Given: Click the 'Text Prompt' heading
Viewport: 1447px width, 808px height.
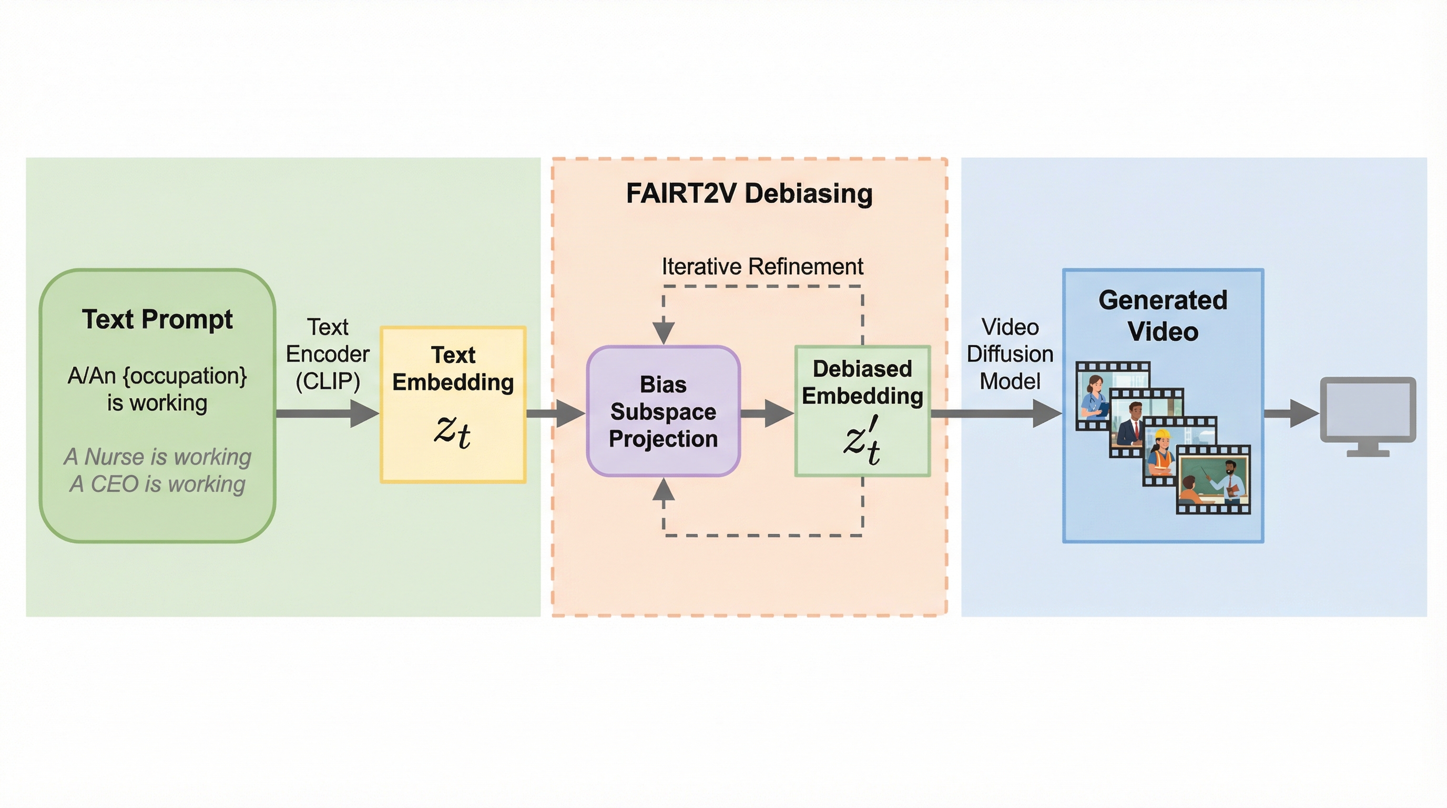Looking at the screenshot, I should click(157, 319).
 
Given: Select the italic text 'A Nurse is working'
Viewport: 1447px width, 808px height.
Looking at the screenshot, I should click(157, 457).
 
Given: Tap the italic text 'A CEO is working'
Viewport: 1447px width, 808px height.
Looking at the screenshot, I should click(157, 484).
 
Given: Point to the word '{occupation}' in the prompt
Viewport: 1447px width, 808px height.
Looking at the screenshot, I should click(185, 376).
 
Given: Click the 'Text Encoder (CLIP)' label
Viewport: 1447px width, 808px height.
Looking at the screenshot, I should click(328, 354).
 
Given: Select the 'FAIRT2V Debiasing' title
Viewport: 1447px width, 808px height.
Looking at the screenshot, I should click(749, 193).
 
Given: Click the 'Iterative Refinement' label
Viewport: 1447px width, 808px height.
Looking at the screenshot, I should click(762, 266).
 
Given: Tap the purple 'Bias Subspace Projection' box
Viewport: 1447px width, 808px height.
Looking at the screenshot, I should click(664, 411).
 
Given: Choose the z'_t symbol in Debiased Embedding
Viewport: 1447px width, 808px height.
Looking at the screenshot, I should click(862, 440).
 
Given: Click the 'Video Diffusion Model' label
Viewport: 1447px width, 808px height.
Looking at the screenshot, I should click(1010, 354).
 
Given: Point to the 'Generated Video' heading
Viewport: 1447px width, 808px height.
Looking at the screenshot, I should click(1163, 316).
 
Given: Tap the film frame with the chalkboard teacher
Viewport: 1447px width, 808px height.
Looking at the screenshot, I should click(1214, 481).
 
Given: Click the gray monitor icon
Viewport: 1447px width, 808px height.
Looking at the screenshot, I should click(1367, 416).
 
